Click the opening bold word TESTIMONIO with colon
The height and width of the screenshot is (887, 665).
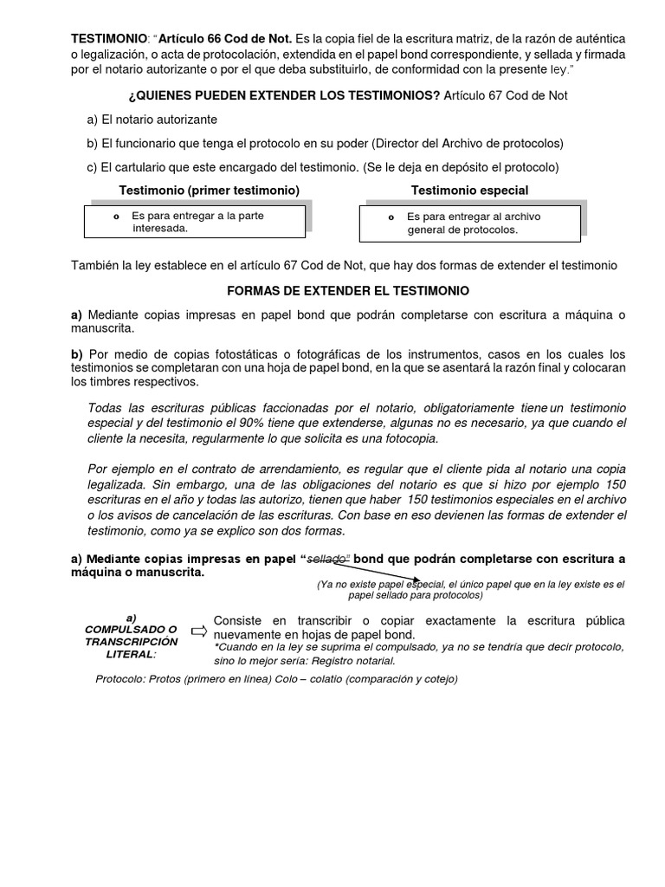[x=108, y=39]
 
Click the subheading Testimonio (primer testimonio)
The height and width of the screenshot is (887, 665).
[x=209, y=190]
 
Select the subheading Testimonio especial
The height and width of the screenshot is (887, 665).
[x=469, y=190]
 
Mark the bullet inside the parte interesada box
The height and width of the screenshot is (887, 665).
[x=116, y=216]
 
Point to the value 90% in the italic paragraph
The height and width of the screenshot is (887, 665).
[x=263, y=424]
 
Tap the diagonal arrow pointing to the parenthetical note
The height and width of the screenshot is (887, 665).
[x=386, y=571]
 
